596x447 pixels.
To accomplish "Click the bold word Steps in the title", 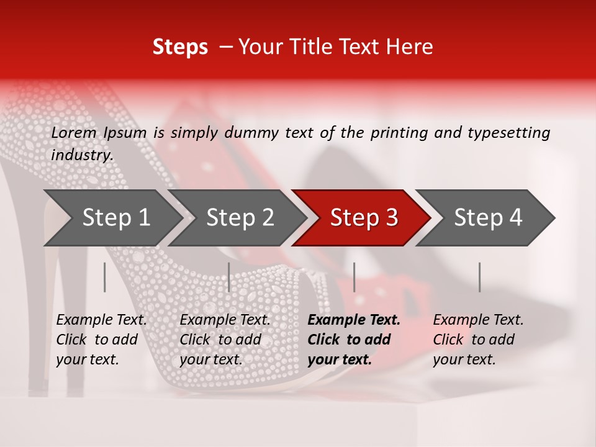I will [180, 47].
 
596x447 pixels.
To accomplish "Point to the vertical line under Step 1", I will [105, 277].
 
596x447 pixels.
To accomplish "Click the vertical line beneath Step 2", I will [229, 277].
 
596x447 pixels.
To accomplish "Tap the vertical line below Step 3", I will [354, 277].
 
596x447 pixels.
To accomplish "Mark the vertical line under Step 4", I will [479, 277].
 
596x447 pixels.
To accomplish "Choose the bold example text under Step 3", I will [353, 340].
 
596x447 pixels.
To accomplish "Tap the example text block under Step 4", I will [478, 340].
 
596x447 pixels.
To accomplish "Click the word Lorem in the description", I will [74, 133].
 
